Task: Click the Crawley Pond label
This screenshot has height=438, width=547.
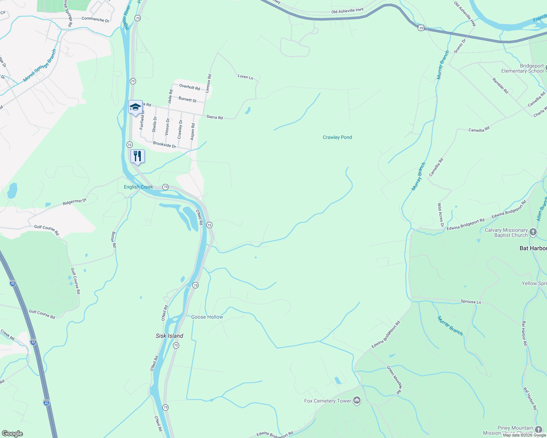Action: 337,137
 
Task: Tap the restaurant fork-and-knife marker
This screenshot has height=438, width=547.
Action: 137,156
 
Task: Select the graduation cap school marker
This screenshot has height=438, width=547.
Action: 135,107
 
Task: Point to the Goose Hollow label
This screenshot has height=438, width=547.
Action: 207,317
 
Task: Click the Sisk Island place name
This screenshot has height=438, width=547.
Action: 169,336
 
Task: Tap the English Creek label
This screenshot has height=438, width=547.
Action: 138,187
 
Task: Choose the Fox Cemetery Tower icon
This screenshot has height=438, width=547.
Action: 357,401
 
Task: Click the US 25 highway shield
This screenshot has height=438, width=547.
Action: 421,28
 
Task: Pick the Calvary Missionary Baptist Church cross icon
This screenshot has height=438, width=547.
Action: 533,232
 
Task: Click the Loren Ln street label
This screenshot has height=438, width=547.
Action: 245,77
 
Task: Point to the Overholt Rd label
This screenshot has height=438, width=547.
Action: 189,87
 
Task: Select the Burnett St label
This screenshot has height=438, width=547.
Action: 187,99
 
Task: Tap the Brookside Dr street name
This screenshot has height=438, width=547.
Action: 165,145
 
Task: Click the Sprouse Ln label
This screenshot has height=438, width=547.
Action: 471,302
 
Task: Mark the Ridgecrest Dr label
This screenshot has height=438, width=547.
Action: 74,202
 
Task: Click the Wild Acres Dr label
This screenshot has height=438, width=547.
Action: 440,215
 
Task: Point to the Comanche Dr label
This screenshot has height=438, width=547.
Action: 95,19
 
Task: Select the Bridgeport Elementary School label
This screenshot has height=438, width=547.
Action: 522,69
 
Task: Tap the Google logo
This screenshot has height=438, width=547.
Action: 12,434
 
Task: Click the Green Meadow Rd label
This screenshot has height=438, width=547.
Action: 394,380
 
